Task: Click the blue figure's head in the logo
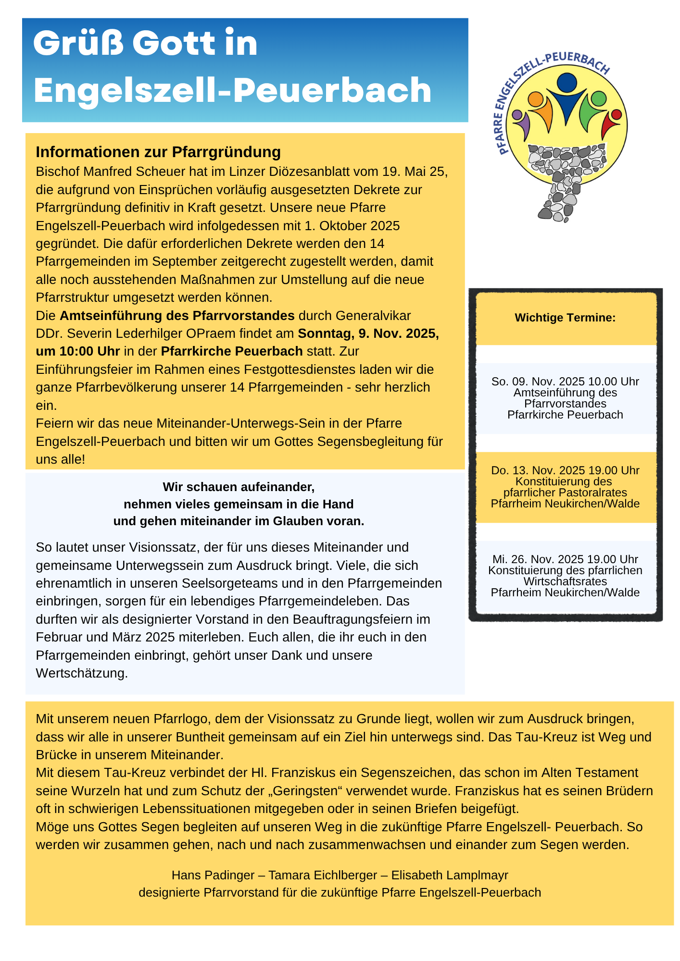point(568,83)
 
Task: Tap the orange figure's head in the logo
point(535,99)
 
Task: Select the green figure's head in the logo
point(598,99)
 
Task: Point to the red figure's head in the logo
point(616,115)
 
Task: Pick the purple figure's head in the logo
point(517,115)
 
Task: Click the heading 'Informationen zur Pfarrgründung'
point(158,152)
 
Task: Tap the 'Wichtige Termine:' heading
point(565,318)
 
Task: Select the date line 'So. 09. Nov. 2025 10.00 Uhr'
point(565,382)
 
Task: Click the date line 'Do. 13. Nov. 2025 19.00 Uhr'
point(565,470)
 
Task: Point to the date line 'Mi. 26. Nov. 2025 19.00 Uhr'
point(565,559)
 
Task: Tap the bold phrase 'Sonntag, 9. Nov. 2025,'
point(368,333)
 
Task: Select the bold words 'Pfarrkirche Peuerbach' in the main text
point(232,351)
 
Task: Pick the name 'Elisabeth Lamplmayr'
point(450,875)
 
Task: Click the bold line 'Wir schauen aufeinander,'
point(239,487)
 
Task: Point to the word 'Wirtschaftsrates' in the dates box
point(565,581)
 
